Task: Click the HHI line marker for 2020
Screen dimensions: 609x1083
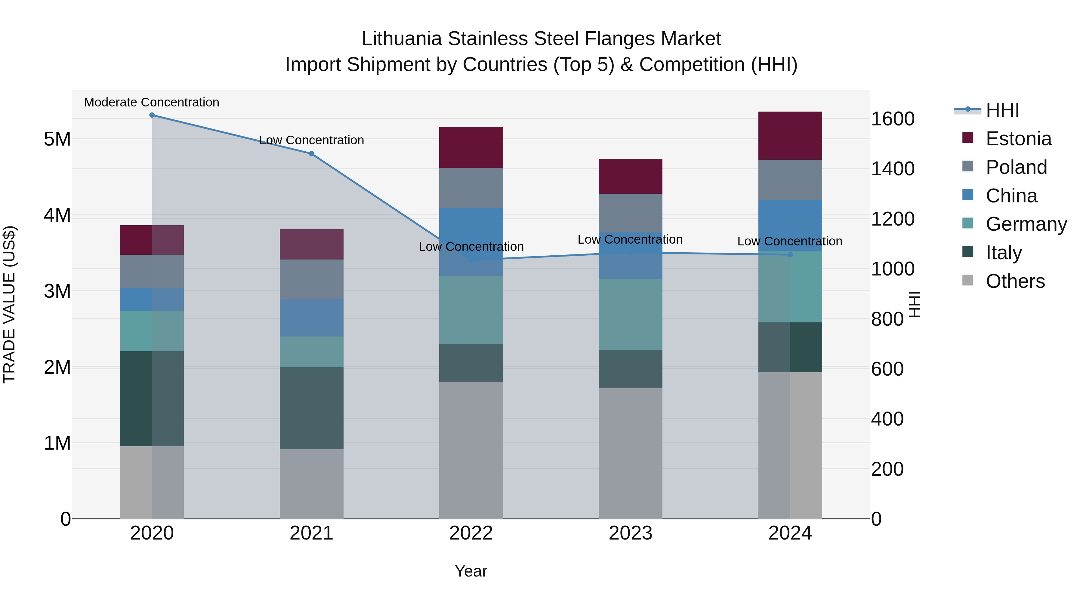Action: coord(152,115)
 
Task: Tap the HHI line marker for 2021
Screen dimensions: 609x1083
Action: coord(312,154)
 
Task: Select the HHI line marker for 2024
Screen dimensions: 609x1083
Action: coord(790,255)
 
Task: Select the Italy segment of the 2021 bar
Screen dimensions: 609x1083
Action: coord(312,408)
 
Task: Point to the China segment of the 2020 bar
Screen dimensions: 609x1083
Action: coord(152,299)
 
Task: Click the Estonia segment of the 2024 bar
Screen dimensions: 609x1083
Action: coord(790,135)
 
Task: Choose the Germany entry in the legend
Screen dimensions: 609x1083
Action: coord(1026,224)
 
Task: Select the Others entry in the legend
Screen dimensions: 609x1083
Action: coord(1015,281)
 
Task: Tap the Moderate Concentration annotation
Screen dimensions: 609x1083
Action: coord(152,102)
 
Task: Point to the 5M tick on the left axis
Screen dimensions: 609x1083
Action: coord(57,139)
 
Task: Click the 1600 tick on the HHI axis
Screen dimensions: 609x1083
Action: coord(892,119)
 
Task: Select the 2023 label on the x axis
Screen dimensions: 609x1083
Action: coord(630,533)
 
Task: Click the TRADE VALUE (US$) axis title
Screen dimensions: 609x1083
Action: coord(9,304)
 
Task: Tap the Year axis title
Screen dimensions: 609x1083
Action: coord(471,571)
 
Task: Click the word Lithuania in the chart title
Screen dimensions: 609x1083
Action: coord(402,39)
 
